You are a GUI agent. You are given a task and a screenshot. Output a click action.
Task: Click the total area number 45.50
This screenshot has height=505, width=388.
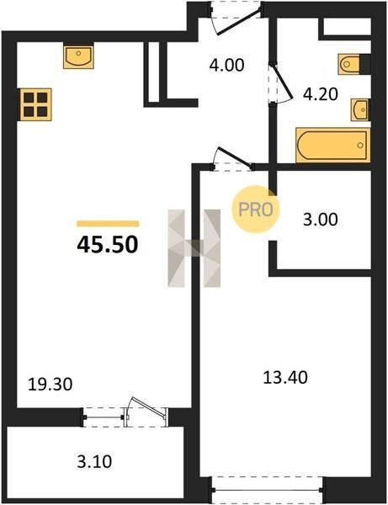[x=108, y=244]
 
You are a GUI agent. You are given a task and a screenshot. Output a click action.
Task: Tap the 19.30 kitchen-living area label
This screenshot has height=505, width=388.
[x=50, y=385]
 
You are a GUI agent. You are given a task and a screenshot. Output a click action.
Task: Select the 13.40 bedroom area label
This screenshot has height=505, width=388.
[x=285, y=377]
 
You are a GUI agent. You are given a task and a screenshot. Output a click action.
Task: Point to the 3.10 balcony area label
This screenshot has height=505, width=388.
[x=94, y=461]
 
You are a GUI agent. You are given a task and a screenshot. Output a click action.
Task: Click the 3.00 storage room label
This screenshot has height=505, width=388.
[x=321, y=220]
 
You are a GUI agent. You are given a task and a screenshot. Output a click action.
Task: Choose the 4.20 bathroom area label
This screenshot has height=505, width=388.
[x=321, y=94]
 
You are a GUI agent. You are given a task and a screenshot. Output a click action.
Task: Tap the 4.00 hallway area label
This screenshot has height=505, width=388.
[x=226, y=65]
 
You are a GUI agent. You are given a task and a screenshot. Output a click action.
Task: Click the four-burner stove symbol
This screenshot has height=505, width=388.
[x=35, y=104]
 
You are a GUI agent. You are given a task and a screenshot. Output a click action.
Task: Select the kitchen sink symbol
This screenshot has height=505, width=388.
[x=78, y=56]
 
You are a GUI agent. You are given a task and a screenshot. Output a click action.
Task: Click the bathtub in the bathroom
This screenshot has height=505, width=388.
[x=333, y=145]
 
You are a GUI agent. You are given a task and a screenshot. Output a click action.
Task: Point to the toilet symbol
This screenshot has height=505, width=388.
[x=349, y=65]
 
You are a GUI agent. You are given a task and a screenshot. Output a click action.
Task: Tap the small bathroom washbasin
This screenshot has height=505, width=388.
[x=360, y=109]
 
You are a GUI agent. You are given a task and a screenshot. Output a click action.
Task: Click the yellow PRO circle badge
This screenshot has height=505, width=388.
[x=256, y=210]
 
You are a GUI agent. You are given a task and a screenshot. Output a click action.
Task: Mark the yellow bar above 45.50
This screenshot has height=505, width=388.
[x=108, y=224]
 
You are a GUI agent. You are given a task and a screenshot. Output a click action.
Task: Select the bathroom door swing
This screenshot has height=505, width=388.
[x=281, y=82]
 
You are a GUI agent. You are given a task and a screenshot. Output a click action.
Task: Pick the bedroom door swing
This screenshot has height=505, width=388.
[x=232, y=157]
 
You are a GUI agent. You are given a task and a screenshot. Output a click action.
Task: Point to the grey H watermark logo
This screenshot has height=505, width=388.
[x=194, y=248]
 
